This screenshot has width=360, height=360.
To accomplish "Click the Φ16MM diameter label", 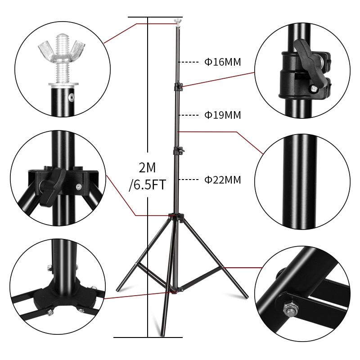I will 223,62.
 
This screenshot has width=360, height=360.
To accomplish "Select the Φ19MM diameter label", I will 223,115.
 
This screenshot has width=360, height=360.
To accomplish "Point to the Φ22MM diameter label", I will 223,180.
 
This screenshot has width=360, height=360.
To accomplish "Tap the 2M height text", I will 147,168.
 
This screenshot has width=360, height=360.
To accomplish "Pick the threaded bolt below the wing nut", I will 61,67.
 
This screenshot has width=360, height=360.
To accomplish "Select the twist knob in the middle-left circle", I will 49,184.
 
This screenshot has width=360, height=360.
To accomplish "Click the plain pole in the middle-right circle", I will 299,180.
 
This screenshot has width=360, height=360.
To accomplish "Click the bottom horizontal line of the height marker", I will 148,337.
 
